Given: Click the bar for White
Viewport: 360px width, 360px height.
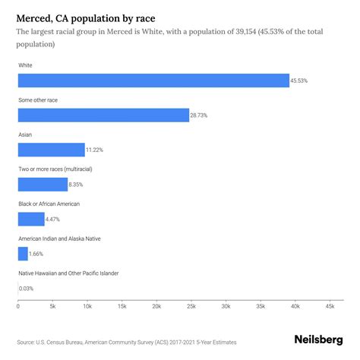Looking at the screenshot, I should (153, 81).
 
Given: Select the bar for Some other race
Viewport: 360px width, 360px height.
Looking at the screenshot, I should (103, 115).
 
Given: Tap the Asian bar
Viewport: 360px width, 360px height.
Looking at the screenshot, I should (51, 150).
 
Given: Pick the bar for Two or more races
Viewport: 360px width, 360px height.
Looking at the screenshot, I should (43, 185).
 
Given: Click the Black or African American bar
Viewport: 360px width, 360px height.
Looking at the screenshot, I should (31, 219).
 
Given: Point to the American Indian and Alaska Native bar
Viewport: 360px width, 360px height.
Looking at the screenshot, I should (23, 254).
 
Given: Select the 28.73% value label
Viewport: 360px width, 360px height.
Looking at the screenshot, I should (200, 115).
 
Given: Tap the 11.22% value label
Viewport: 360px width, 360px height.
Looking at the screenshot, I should (96, 150).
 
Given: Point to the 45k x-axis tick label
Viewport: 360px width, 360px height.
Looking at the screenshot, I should (330, 307).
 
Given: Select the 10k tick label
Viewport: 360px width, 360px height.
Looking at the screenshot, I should (87, 307).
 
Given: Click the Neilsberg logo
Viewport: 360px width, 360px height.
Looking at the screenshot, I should (319, 342).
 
